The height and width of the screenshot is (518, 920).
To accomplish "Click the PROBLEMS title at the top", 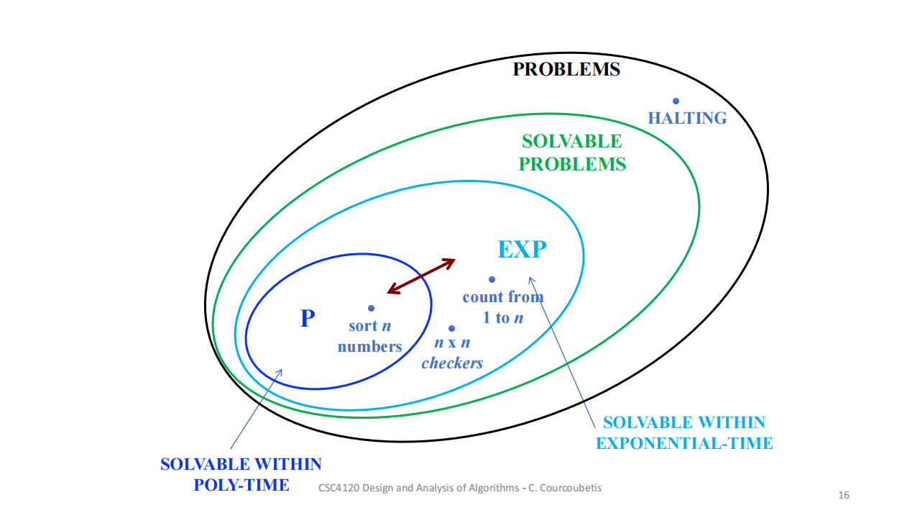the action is (x=566, y=70).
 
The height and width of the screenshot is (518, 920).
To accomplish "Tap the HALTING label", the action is (x=687, y=119).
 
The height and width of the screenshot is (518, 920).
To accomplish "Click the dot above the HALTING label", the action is (x=676, y=101).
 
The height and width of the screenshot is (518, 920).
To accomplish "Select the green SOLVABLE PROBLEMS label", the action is (x=572, y=153).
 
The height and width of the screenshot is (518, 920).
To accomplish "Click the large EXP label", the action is (x=522, y=250).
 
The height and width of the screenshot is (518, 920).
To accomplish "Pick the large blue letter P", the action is (x=308, y=318).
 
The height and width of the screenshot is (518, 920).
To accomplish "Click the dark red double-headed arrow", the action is (x=421, y=276).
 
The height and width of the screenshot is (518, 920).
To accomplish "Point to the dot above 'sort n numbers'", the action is (x=371, y=308).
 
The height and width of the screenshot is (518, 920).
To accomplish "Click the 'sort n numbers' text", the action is (x=369, y=336).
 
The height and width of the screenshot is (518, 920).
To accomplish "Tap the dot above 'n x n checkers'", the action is (x=451, y=328).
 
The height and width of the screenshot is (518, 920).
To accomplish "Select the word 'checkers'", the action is (x=452, y=363).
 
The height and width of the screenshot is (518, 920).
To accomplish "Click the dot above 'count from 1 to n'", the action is (x=492, y=279).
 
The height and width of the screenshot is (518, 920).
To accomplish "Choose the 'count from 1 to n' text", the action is (x=502, y=307).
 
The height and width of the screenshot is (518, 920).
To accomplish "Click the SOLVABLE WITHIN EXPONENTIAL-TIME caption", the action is (x=684, y=432).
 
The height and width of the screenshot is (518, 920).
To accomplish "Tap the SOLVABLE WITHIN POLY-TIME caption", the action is (x=241, y=474).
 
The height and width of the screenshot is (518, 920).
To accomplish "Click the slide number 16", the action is (x=844, y=495).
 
